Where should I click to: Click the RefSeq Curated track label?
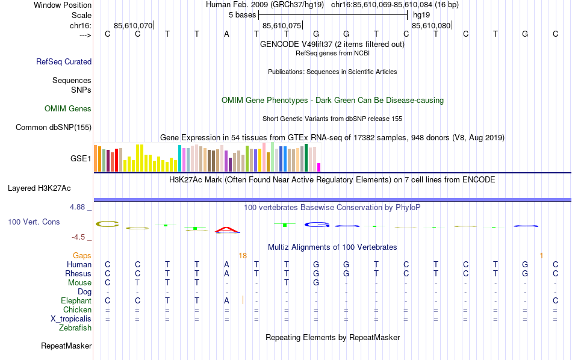coord(64,61)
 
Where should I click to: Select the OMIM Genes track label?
coord(68,109)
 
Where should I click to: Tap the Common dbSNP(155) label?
coord(54,127)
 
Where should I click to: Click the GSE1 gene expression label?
coord(81,159)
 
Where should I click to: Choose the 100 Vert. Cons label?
coord(34,222)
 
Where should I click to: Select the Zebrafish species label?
coord(75,328)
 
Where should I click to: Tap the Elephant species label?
coord(76,301)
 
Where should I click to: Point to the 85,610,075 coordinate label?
coord(282,26)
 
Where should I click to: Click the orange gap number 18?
coord(243,256)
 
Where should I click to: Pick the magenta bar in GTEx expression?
coord(319,167)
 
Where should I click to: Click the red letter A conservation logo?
coord(226,229)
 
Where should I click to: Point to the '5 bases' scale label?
coord(242,14)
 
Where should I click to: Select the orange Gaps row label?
coord(82,256)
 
